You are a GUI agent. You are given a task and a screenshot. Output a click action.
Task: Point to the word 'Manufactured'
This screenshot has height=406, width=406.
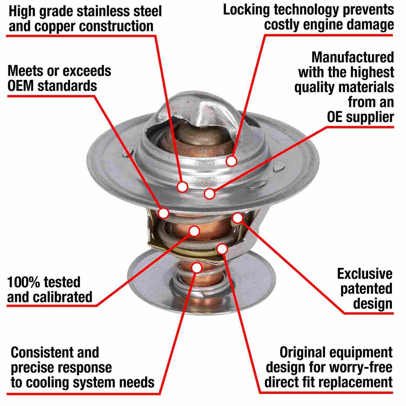coord(353,57)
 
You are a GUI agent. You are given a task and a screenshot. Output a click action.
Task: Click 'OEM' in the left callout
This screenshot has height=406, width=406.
coord(20,85)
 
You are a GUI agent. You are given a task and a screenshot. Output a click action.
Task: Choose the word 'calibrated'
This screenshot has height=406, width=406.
coord(63,297)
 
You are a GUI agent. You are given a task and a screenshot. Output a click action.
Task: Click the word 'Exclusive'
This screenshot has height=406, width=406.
coord(365,274)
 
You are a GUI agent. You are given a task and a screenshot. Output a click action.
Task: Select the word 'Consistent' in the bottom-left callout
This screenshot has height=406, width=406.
coord(42,352)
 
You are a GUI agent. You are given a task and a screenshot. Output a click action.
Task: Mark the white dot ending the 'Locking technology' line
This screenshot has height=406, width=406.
coord(231,161)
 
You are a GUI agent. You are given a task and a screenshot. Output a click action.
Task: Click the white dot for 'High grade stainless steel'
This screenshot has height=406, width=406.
coord(182,187)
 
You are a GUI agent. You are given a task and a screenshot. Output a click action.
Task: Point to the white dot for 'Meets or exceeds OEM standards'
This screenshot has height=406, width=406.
coord(164,213)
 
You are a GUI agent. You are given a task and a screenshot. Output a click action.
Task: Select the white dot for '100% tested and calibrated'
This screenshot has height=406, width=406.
coord(194,231)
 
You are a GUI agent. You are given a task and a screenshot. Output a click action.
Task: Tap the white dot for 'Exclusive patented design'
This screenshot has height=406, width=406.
coord(238,218)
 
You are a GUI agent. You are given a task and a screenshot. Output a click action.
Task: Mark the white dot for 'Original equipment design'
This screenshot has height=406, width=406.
coord(222,249)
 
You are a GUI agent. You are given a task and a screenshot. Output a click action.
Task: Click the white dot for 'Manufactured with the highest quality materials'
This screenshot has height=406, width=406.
coord(210,194)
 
